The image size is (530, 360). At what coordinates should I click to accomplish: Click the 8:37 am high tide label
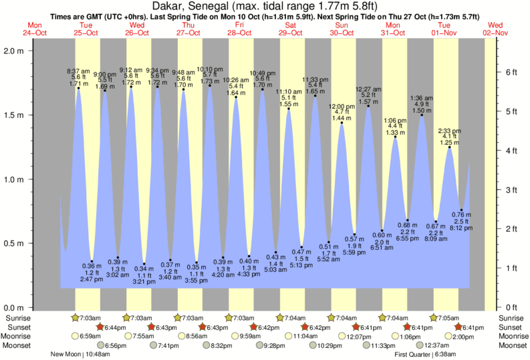tap(77, 70)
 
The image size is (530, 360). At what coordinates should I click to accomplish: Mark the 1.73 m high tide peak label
tap(210, 81)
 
